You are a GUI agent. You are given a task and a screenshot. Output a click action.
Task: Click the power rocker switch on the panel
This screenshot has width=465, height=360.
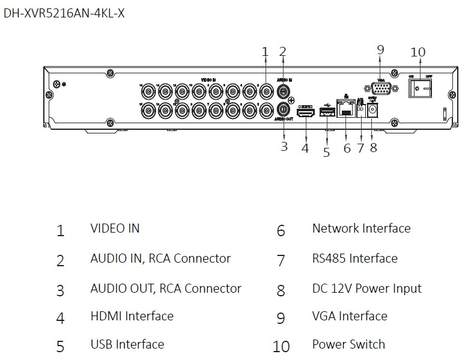pyautogui.click(x=421, y=88)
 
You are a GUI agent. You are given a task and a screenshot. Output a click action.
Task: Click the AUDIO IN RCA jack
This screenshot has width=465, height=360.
pyautogui.click(x=283, y=91)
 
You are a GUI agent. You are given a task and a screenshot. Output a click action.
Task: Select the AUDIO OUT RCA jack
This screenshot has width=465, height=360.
pyautogui.click(x=283, y=110)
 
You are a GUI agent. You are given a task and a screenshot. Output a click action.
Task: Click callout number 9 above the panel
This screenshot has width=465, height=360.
pyautogui.click(x=380, y=50)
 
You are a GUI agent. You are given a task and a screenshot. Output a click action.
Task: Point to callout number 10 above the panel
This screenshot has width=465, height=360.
pyautogui.click(x=418, y=52)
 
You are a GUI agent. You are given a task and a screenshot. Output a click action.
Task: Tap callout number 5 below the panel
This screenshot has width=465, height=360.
pyautogui.click(x=326, y=152)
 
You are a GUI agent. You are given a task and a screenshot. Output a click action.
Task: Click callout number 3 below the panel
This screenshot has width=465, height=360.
pyautogui.click(x=284, y=146)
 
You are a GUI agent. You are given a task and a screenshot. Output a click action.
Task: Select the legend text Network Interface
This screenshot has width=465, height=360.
pyautogui.click(x=361, y=228)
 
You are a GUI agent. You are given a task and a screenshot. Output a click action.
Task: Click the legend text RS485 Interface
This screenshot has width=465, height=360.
pyautogui.click(x=354, y=258)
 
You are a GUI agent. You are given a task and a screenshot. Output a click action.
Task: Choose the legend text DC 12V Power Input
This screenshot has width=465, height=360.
pyautogui.click(x=366, y=288)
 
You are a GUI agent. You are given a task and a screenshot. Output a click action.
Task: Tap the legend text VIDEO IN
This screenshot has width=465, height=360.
pyautogui.click(x=115, y=228)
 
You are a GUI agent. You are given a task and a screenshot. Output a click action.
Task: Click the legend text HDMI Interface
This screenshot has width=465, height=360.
pyautogui.click(x=132, y=316)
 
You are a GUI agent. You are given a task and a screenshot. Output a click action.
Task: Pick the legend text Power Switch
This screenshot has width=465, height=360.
pyautogui.click(x=348, y=344)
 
